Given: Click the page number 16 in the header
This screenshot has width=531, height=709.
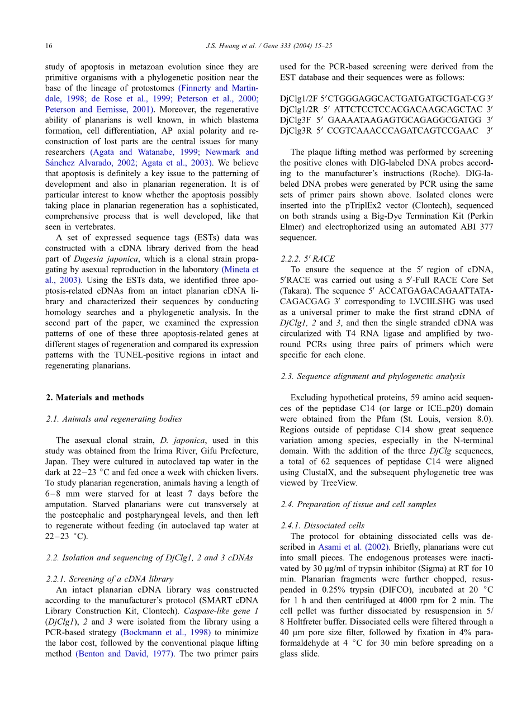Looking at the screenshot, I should coord(49,45).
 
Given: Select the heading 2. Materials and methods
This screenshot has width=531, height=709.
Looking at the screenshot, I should coord(94,398).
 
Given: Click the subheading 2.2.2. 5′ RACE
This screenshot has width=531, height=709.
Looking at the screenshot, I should coord(307,259).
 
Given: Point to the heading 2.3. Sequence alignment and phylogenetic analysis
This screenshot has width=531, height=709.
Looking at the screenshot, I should coord(373,376).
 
